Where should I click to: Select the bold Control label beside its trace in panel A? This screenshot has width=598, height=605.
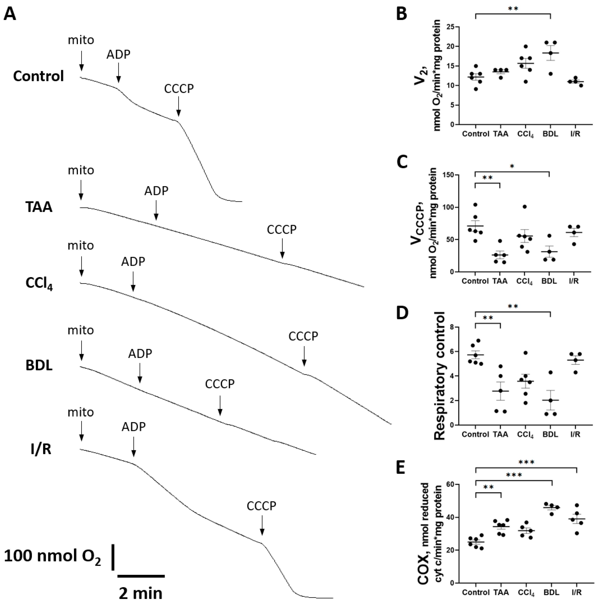39,76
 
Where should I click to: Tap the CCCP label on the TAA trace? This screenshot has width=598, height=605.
282,230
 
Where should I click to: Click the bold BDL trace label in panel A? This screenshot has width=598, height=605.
39,365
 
